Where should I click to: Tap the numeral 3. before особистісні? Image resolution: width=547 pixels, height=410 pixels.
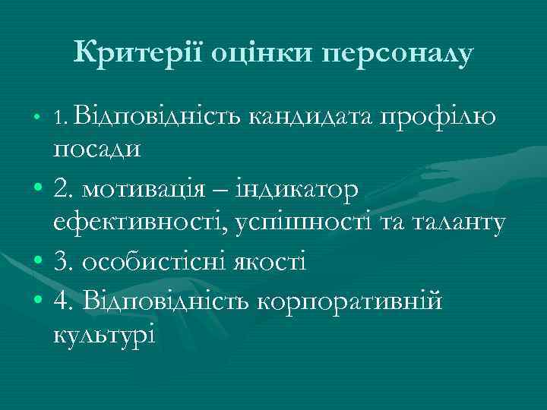pos(64,263)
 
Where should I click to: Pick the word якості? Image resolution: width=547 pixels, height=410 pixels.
pos(264,263)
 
